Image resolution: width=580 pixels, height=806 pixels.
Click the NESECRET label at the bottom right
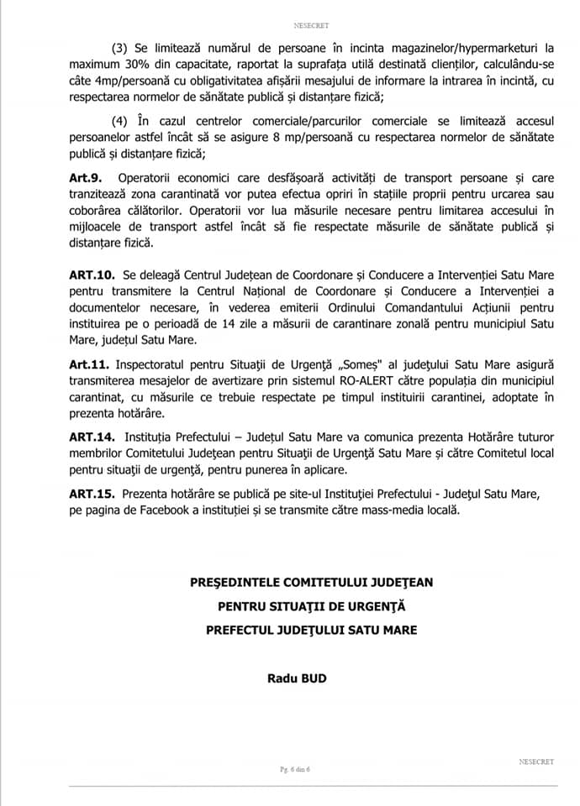point(535,762)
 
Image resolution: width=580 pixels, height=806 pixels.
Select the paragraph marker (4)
point(119,118)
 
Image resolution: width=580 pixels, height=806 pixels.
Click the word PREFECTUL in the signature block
point(242,630)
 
